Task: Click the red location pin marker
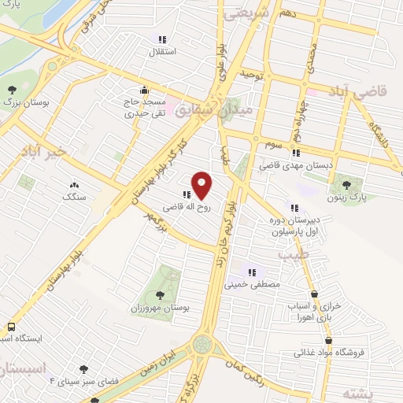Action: pyautogui.click(x=202, y=185)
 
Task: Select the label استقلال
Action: pyautogui.click(x=161, y=52)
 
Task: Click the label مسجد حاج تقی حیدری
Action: pyautogui.click(x=142, y=107)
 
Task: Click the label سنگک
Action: pyautogui.click(x=75, y=196)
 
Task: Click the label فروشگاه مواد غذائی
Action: pyautogui.click(x=330, y=353)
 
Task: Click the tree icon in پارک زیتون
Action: pyautogui.click(x=347, y=185)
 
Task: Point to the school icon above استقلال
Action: pyautogui.click(x=161, y=39)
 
